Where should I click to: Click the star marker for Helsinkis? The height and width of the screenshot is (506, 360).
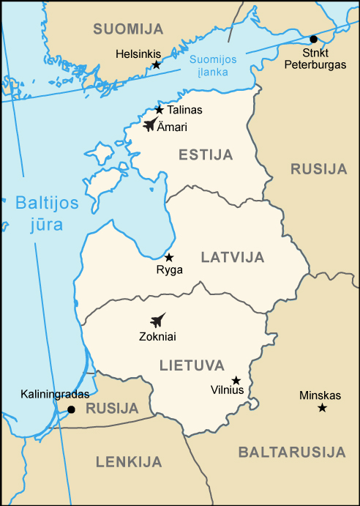[x=156, y=65]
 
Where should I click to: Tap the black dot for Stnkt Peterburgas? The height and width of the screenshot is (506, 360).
[x=314, y=39]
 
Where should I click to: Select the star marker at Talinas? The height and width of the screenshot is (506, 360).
[x=160, y=110]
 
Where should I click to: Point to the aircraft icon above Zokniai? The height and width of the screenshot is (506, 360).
[x=157, y=320]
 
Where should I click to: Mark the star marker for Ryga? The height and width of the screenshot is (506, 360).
[x=169, y=257]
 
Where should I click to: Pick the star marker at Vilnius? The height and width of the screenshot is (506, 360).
[x=236, y=380]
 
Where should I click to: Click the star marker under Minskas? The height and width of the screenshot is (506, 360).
[x=322, y=407]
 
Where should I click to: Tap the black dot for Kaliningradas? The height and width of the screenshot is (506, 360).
[x=71, y=409]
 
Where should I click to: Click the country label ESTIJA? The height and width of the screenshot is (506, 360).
[x=206, y=155]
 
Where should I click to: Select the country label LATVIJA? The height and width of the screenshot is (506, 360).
[x=232, y=257]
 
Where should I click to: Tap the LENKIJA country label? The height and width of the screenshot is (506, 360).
[x=128, y=461]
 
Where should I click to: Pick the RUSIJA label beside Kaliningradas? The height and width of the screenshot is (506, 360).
[x=111, y=409]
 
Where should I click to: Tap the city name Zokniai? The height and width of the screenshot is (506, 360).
[x=157, y=337]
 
